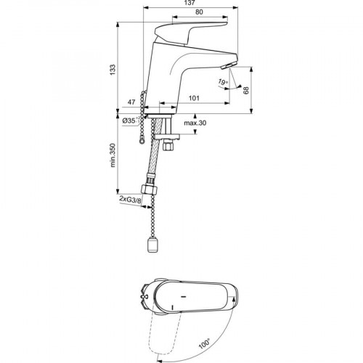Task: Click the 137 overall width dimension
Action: point(191,3)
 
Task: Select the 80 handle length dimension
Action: point(199,12)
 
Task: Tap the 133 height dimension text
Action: point(113,70)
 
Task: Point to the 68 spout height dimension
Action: point(245,91)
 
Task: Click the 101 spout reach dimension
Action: point(194,98)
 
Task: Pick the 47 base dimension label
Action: point(131,102)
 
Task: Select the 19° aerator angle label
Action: point(222,82)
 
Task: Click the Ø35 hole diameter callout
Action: point(130,121)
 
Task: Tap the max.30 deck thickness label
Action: point(195,123)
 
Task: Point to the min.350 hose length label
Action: point(113,155)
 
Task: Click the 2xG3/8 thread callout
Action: point(130,199)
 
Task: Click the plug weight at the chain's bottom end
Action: point(152,245)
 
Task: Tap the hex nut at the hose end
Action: point(149,189)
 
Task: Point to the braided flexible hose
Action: point(155,147)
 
